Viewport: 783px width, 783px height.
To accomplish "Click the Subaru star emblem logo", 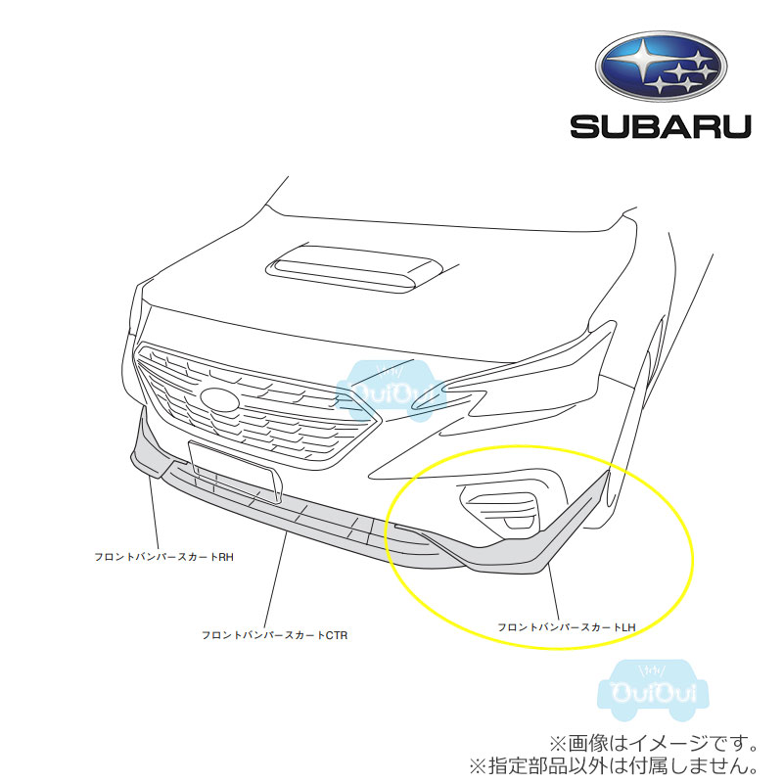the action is pos(661,66).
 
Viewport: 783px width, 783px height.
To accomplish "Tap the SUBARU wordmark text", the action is pos(661,127).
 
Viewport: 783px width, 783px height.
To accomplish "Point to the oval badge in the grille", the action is pos(219,400).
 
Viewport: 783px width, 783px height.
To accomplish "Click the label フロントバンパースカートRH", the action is pos(164,557).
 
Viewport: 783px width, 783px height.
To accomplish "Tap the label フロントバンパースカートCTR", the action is pos(275,635).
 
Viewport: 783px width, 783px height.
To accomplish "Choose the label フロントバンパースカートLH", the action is pos(567,627).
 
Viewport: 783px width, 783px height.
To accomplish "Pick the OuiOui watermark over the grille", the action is pos(391,391).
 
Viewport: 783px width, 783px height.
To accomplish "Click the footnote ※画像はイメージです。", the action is pos(654,744).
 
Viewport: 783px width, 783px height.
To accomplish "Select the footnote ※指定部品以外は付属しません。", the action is pos(614,765).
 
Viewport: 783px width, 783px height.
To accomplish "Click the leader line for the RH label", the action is pos(154,512).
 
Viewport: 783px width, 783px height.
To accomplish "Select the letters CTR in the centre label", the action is pos(337,635).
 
